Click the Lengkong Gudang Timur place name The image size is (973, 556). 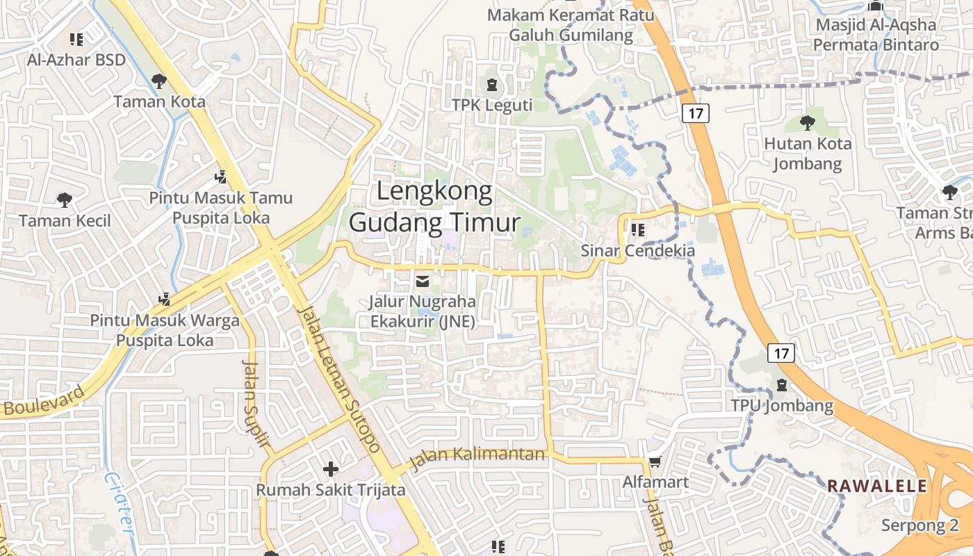(434, 206)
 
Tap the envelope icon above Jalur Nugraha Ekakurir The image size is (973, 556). (422, 281)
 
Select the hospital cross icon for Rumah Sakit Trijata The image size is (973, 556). (331, 469)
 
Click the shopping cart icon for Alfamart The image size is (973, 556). (655, 461)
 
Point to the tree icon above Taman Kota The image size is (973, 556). (159, 81)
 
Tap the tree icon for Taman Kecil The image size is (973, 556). (65, 200)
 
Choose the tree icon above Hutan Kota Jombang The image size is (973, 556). (808, 123)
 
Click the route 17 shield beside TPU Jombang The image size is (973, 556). (782, 353)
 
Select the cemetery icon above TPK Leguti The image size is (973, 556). (492, 85)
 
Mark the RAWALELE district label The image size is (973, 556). (877, 486)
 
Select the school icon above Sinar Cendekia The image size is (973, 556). (637, 229)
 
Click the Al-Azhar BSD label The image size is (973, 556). (76, 60)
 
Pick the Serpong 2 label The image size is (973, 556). (920, 525)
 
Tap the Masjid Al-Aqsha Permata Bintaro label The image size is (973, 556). (876, 35)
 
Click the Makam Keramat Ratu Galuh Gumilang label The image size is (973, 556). (571, 24)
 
